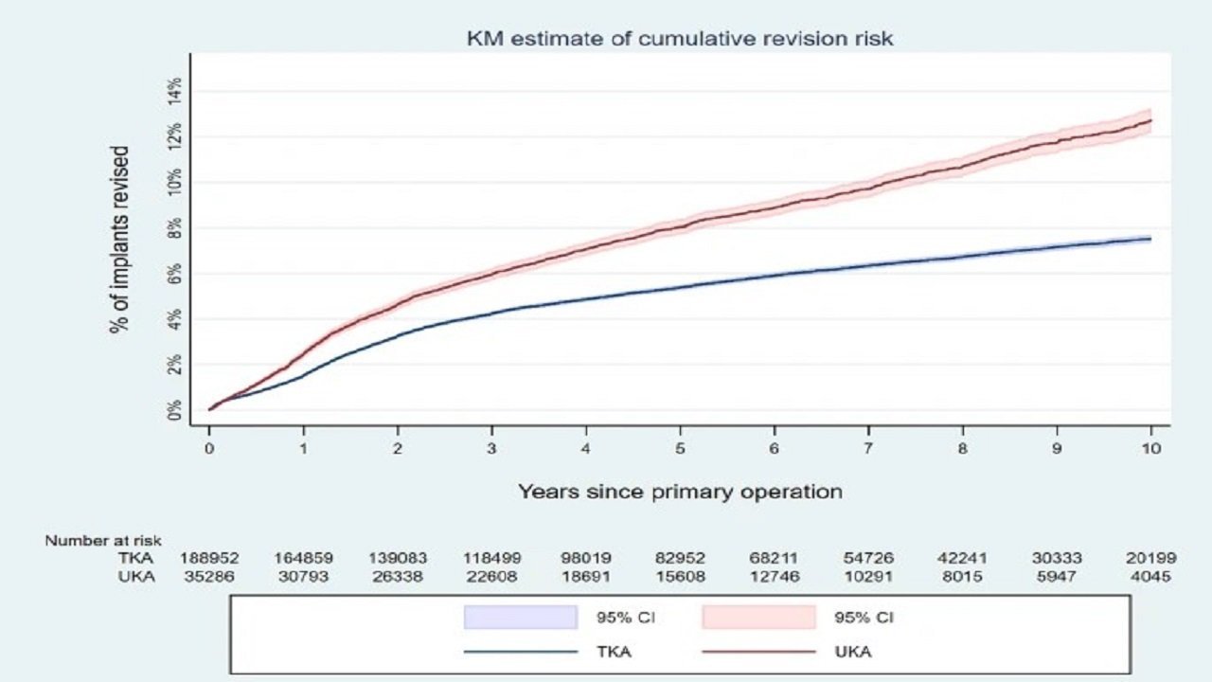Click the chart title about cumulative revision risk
point(680,39)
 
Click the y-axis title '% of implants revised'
point(120,240)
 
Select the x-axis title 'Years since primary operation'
point(680,492)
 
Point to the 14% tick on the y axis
point(174,92)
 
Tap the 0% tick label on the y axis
point(174,410)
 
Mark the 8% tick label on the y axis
point(174,228)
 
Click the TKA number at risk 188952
point(209,559)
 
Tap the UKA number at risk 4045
point(1150,576)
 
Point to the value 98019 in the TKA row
point(586,559)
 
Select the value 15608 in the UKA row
point(680,576)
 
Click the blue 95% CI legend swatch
point(521,618)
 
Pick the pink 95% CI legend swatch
point(758,618)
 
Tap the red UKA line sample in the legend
point(758,652)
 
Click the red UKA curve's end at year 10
point(1150,121)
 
